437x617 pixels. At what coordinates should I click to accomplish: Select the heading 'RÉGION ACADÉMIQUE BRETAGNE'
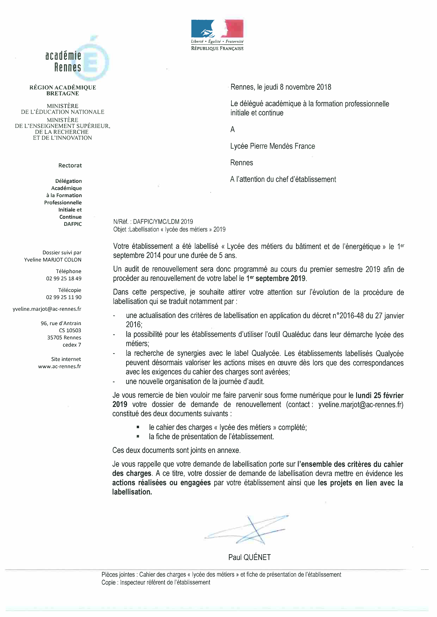[x=63, y=90]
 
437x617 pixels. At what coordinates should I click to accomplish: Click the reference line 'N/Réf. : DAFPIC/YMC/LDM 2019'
[x=153, y=222]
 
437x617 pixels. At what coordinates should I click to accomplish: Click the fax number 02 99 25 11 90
[x=64, y=297]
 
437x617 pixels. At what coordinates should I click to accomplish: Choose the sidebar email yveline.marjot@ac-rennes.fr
[x=47, y=309]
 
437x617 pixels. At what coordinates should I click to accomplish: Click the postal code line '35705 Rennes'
[x=64, y=338]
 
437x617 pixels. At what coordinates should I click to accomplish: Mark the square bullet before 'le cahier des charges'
[x=138, y=427]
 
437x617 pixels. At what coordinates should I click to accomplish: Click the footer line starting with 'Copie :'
[x=156, y=582]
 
